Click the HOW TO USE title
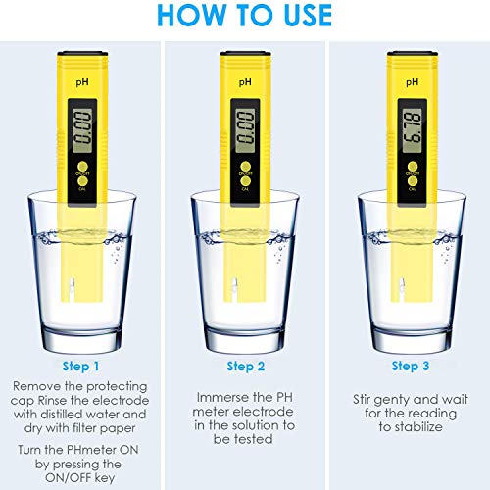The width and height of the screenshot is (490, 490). pyautogui.click(x=245, y=17)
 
